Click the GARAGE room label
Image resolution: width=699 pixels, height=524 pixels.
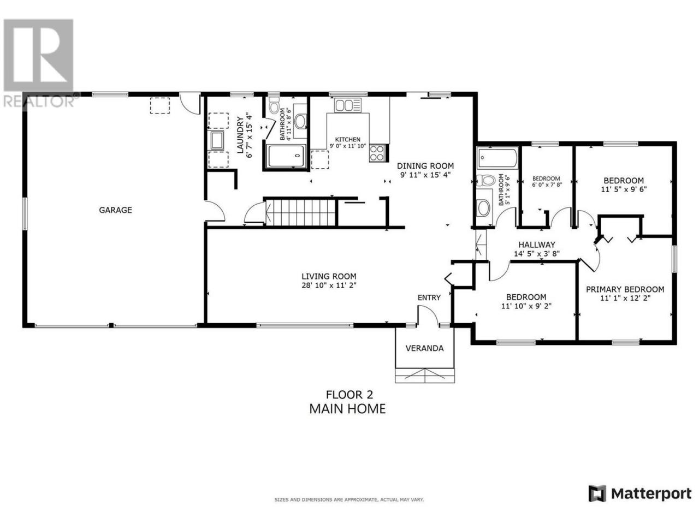pos(115,210)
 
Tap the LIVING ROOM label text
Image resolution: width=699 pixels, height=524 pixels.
pos(329,277)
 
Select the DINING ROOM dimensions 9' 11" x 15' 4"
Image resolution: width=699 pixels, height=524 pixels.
pos(425,175)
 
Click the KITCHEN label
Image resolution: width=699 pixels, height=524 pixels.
pos(347,139)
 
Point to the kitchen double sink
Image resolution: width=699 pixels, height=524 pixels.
pos(348,105)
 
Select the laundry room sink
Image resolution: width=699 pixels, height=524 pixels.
pos(217,141)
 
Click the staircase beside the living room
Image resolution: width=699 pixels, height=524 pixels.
pos(300,212)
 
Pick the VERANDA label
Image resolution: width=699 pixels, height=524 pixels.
pos(424,348)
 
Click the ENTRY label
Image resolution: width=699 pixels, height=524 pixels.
pos(429,297)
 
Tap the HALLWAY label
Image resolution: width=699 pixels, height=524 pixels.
pos(537,245)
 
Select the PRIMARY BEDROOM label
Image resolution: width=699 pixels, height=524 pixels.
pos(625,289)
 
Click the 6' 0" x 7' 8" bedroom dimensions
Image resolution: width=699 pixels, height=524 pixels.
pos(546,184)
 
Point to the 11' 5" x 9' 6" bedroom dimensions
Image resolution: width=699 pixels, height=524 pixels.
pos(624,189)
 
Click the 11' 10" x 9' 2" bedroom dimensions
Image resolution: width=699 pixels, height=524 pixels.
pos(526,306)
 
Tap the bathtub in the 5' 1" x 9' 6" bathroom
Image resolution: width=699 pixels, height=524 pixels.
pos(497,158)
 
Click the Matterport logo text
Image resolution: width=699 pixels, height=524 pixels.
pos(651,503)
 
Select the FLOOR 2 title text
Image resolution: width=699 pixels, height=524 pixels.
pos(349,395)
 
